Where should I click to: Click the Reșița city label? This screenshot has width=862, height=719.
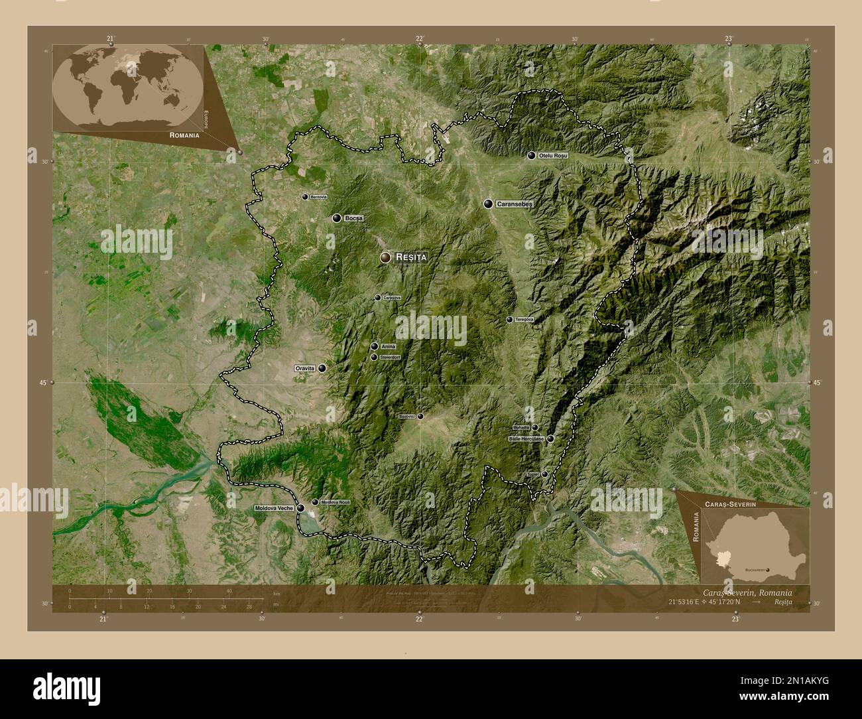click(x=410, y=257)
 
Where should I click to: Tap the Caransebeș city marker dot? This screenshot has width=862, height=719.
click(x=489, y=204)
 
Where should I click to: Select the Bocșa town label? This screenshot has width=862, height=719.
click(x=354, y=218)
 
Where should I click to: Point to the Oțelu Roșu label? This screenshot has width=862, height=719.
click(x=552, y=155)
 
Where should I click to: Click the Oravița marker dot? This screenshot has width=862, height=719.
click(x=322, y=368)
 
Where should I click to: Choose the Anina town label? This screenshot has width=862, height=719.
click(x=389, y=346)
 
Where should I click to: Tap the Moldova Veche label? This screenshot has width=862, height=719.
click(x=274, y=508)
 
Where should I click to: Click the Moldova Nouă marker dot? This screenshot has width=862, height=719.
click(x=315, y=502)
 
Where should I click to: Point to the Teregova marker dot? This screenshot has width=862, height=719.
click(x=509, y=320)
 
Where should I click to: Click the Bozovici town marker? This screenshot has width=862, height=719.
click(x=420, y=417)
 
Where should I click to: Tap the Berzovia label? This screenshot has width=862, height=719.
click(x=319, y=197)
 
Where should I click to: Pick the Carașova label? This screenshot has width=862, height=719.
click(x=392, y=298)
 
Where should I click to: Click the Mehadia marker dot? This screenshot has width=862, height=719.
click(x=535, y=427)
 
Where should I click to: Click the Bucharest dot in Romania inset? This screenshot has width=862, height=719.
click(x=767, y=570)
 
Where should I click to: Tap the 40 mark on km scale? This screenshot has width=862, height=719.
click(x=229, y=591)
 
